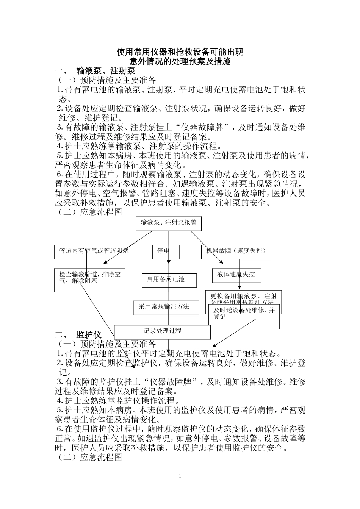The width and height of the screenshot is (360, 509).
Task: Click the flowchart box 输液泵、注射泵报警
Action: (x=169, y=223)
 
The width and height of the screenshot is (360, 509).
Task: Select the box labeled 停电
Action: (x=166, y=251)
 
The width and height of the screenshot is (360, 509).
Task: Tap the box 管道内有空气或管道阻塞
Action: (x=94, y=251)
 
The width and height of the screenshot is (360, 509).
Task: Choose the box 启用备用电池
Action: (x=169, y=280)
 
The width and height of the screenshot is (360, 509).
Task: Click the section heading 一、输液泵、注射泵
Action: (x=95, y=71)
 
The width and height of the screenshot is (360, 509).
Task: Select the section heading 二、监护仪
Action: (x=78, y=334)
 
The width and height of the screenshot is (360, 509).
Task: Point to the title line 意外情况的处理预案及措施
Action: (x=180, y=61)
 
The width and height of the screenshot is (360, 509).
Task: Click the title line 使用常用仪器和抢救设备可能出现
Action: (x=180, y=52)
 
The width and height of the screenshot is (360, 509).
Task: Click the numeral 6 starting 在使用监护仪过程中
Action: (x=59, y=429)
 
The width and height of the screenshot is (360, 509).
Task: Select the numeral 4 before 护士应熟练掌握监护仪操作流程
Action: (x=59, y=401)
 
